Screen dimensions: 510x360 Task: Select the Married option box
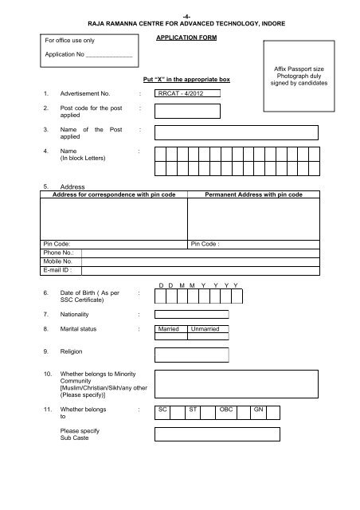[170, 328]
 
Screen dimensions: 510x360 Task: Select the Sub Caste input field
[217, 434]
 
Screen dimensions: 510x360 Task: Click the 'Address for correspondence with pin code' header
[114, 194]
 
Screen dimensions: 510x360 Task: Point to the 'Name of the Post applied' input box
[237, 132]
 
